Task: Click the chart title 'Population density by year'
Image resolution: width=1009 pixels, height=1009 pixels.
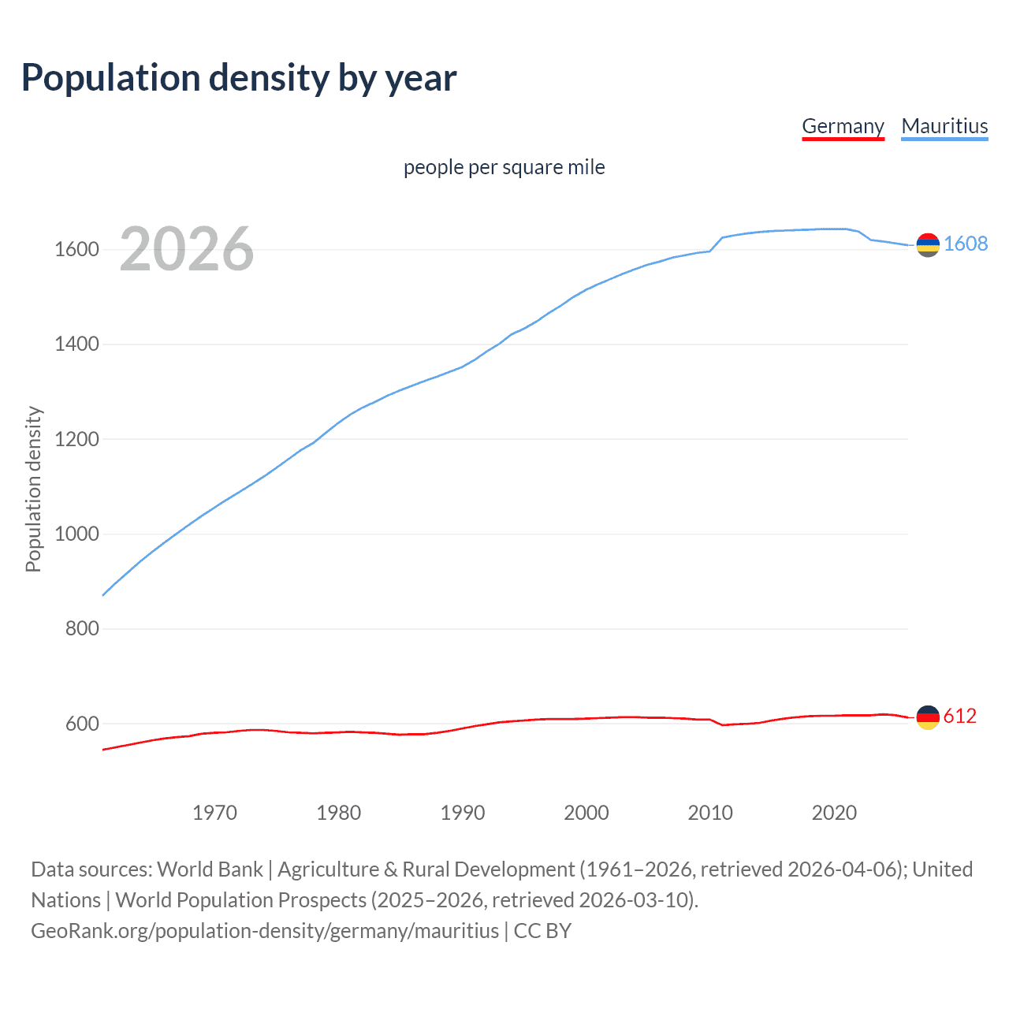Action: coord(239,78)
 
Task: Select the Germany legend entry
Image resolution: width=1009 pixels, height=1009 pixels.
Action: coord(843,126)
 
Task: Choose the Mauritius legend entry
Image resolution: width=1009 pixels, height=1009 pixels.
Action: coord(944,126)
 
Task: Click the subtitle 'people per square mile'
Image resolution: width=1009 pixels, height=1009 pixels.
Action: coord(504,167)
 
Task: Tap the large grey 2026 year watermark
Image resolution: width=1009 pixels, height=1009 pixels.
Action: coord(187,249)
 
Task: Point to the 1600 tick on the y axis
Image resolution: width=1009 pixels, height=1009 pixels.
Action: coord(76,250)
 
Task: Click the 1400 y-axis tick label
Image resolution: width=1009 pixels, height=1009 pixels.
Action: coord(76,344)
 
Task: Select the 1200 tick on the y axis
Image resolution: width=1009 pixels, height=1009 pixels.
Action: coord(76,439)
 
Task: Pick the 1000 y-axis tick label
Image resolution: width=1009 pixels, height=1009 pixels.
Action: coord(76,534)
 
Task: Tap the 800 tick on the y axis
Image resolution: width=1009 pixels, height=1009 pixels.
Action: coord(82,629)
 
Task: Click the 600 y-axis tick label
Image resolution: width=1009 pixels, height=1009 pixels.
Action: coord(82,724)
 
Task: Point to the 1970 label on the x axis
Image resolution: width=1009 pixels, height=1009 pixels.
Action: coord(214,813)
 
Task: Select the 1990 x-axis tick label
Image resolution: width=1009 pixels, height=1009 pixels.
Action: coord(463,813)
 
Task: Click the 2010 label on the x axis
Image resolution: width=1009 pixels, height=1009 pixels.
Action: coord(710,813)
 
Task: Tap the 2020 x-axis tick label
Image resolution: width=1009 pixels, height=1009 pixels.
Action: coord(834,813)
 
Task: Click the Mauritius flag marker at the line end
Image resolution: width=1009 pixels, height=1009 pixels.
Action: coord(928,245)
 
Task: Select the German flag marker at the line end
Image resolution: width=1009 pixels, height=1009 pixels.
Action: coord(928,717)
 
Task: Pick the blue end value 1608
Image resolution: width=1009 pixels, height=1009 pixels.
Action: coord(966,244)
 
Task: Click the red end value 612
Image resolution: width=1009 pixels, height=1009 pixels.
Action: coord(960,716)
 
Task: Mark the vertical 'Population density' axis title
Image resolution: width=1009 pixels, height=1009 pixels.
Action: coord(33,489)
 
